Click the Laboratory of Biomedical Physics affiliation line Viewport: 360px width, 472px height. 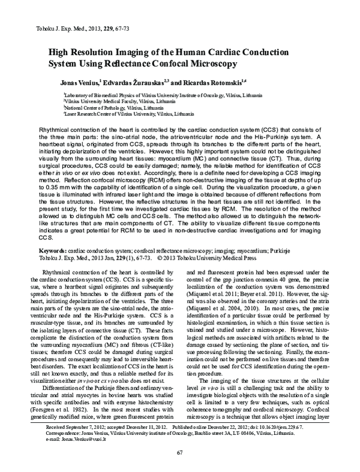point(173,95)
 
